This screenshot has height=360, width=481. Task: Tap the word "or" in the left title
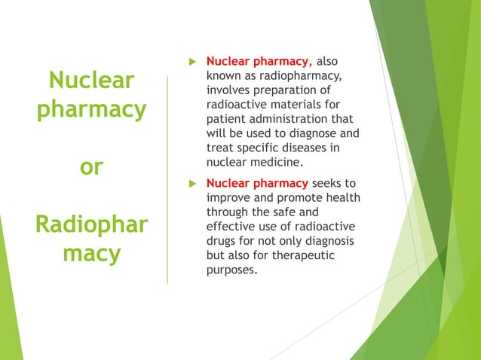(x=91, y=166)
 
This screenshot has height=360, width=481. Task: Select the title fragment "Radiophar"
(x=91, y=224)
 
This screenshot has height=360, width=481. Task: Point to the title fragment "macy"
(x=91, y=253)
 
